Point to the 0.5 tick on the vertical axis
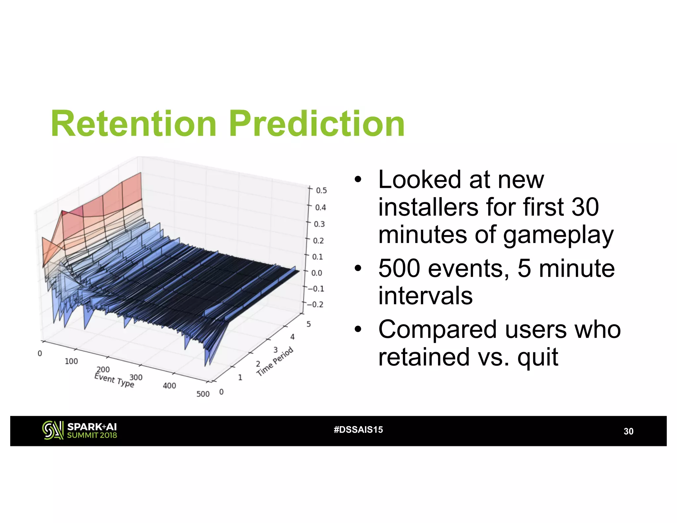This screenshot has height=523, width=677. pyautogui.click(x=321, y=190)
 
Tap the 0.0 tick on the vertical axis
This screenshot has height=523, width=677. pyautogui.click(x=316, y=273)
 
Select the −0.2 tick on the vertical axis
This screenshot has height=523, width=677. pyautogui.click(x=315, y=304)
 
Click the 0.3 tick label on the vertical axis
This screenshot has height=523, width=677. pyautogui.click(x=319, y=224)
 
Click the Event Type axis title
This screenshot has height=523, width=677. pyautogui.click(x=114, y=380)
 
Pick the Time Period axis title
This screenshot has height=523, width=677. pyautogui.click(x=275, y=361)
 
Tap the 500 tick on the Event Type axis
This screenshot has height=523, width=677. pyautogui.click(x=203, y=394)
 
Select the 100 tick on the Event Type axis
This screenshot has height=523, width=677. pyautogui.click(x=71, y=361)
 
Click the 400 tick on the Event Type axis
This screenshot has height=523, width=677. pyautogui.click(x=169, y=386)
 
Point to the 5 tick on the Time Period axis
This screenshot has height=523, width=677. pyautogui.click(x=308, y=324)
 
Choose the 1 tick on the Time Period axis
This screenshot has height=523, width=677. pyautogui.click(x=240, y=377)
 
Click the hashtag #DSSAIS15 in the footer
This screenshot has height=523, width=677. pyautogui.click(x=358, y=430)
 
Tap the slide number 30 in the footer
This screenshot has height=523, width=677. pyautogui.click(x=628, y=431)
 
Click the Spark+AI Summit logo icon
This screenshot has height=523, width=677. pyautogui.click(x=53, y=430)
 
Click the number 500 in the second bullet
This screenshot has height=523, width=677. pyautogui.click(x=399, y=268)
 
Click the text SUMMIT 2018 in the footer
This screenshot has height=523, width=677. pyautogui.click(x=92, y=435)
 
